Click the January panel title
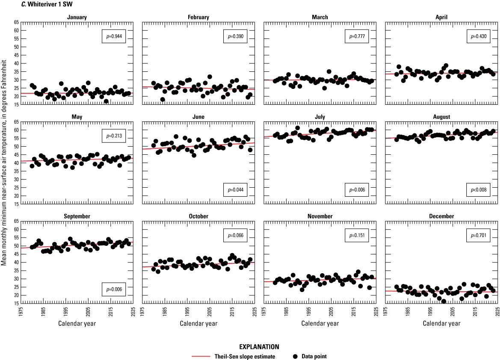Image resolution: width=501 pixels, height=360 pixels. pos(77,18)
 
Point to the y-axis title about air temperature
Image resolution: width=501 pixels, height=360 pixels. pos(4,162)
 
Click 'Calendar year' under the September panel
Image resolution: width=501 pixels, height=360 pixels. pos(77,323)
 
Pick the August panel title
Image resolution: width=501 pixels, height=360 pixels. pos(442,117)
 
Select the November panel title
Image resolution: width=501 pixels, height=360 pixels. pos(320,216)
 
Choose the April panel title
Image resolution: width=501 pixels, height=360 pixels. pos(442,18)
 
